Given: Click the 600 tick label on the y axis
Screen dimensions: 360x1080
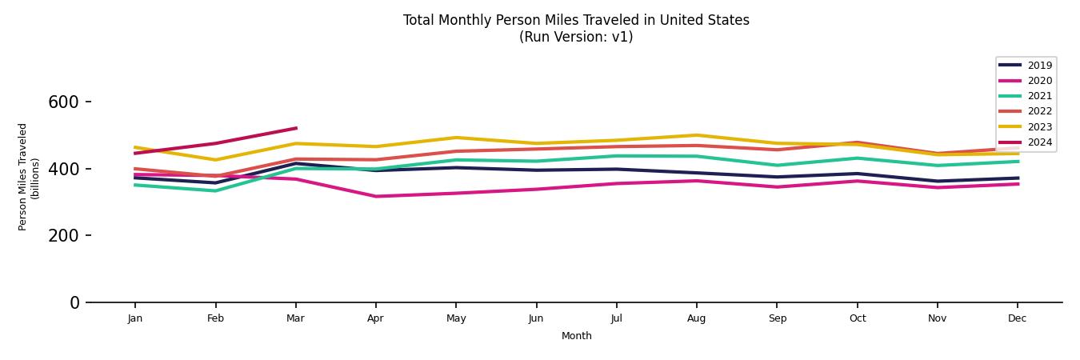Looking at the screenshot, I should tap(64, 102).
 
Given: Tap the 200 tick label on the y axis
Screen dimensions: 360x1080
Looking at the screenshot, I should tap(64, 236).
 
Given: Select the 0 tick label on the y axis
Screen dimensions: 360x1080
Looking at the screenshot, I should tap(74, 303).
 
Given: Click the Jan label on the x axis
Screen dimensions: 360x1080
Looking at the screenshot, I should tap(135, 318).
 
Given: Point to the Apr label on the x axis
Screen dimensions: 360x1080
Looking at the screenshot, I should tap(375, 318).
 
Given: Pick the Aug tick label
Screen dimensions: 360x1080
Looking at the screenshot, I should tap(697, 318).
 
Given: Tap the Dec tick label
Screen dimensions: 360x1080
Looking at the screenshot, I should tap(1017, 318).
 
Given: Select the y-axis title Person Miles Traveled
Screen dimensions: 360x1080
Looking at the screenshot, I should tap(24, 177).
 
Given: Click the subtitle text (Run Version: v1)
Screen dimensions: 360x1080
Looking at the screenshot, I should tap(576, 37).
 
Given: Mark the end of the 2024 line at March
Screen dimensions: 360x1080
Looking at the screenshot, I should tap(296, 128).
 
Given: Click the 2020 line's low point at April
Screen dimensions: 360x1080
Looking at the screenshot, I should tap(375, 196).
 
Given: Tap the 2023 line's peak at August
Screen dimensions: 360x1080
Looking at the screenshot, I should tap(697, 135).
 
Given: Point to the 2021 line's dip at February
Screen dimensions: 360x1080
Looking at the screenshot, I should tap(215, 190).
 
